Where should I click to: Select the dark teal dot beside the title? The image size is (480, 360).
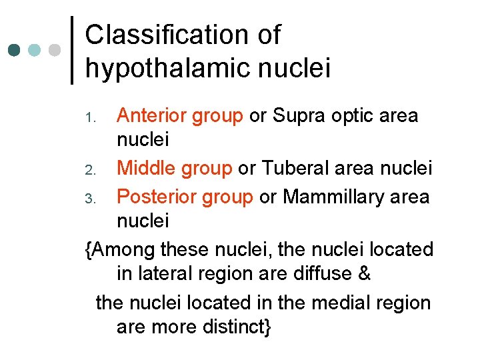pos(14,50)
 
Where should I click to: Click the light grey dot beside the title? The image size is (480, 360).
pos(55,50)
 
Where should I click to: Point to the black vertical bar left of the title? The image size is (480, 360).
pos(72,50)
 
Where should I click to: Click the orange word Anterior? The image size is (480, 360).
pos(151,116)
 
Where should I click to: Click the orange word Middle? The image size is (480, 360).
pos(147,168)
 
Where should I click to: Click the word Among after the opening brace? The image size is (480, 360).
pos(126,249)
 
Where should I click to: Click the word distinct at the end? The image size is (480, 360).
pos(235,327)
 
